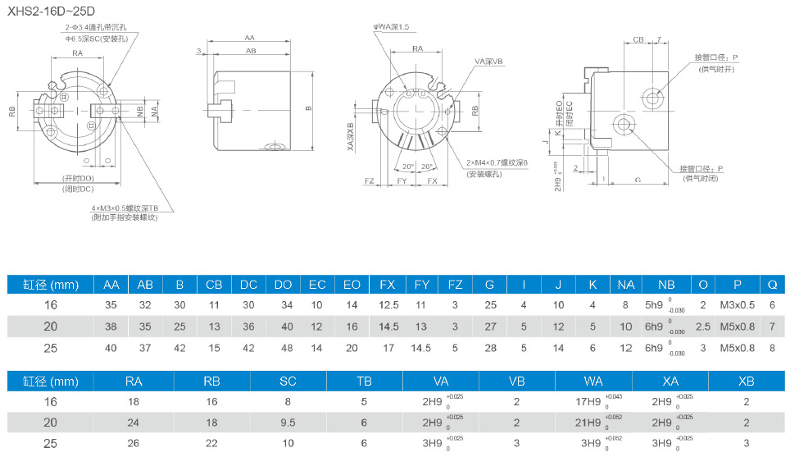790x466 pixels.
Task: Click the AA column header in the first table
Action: (x=111, y=285)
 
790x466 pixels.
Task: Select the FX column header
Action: (x=388, y=285)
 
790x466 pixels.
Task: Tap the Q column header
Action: (x=772, y=285)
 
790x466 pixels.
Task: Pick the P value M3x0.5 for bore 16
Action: (x=738, y=305)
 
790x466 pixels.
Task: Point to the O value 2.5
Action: (x=703, y=327)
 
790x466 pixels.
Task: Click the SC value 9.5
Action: (x=288, y=423)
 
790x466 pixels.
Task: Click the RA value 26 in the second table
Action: (x=134, y=444)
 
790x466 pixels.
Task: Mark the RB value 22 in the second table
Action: (x=212, y=444)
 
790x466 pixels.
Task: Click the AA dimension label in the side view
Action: (x=249, y=38)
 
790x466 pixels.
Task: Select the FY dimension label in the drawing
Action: (x=402, y=180)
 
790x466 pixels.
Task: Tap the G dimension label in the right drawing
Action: (x=637, y=178)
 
